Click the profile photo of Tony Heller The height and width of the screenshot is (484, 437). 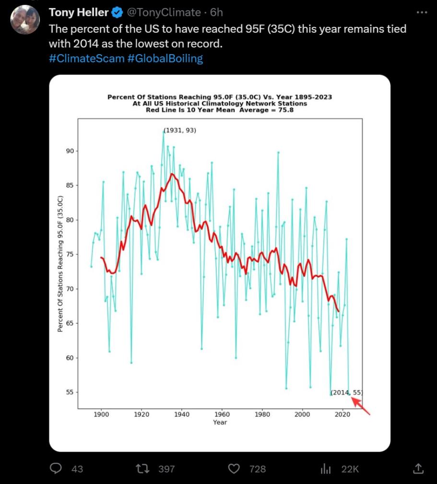25,20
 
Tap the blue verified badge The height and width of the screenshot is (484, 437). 118,12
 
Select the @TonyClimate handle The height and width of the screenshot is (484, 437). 164,12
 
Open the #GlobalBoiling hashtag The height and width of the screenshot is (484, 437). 165,59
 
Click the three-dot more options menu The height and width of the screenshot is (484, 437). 422,12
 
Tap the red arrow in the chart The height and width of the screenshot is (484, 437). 362,406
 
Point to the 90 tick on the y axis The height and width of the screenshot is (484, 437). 71,151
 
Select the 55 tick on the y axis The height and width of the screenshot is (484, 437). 71,392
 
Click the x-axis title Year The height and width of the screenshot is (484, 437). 220,422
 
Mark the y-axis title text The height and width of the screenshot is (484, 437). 60,264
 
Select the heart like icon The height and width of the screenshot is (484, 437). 234,469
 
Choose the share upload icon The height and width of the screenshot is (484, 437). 418,469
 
